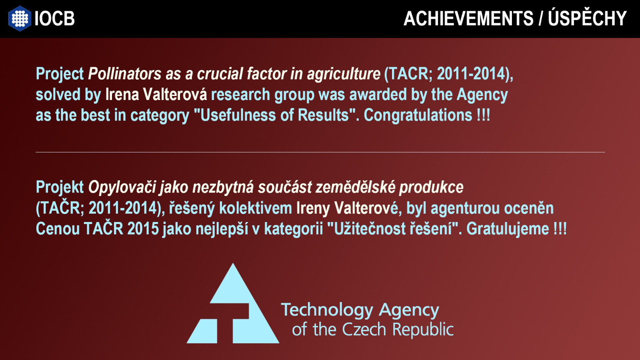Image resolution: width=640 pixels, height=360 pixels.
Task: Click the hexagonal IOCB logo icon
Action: (20, 18)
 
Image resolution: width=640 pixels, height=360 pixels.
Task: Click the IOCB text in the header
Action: (54, 18)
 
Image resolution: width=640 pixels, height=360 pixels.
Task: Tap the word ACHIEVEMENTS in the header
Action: (468, 18)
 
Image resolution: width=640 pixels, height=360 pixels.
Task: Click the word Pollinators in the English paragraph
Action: (124, 74)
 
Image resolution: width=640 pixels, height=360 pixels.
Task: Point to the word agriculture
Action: (344, 74)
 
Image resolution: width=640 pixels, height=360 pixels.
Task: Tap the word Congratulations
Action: (418, 116)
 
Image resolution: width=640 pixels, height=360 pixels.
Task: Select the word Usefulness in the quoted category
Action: (238, 115)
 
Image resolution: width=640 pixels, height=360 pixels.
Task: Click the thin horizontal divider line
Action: (320, 152)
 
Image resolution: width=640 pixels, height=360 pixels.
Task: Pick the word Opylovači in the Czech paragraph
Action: (122, 188)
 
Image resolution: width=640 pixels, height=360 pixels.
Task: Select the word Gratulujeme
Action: (508, 229)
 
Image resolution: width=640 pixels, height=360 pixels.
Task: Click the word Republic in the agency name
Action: (423, 330)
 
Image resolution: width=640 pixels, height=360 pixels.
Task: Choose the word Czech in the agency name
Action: (364, 329)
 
